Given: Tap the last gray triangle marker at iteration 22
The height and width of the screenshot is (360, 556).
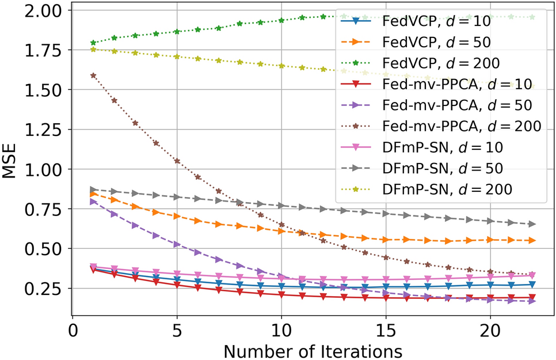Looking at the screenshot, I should (x=532, y=224).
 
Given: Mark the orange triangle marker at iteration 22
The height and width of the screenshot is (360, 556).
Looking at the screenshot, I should (x=532, y=240).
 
